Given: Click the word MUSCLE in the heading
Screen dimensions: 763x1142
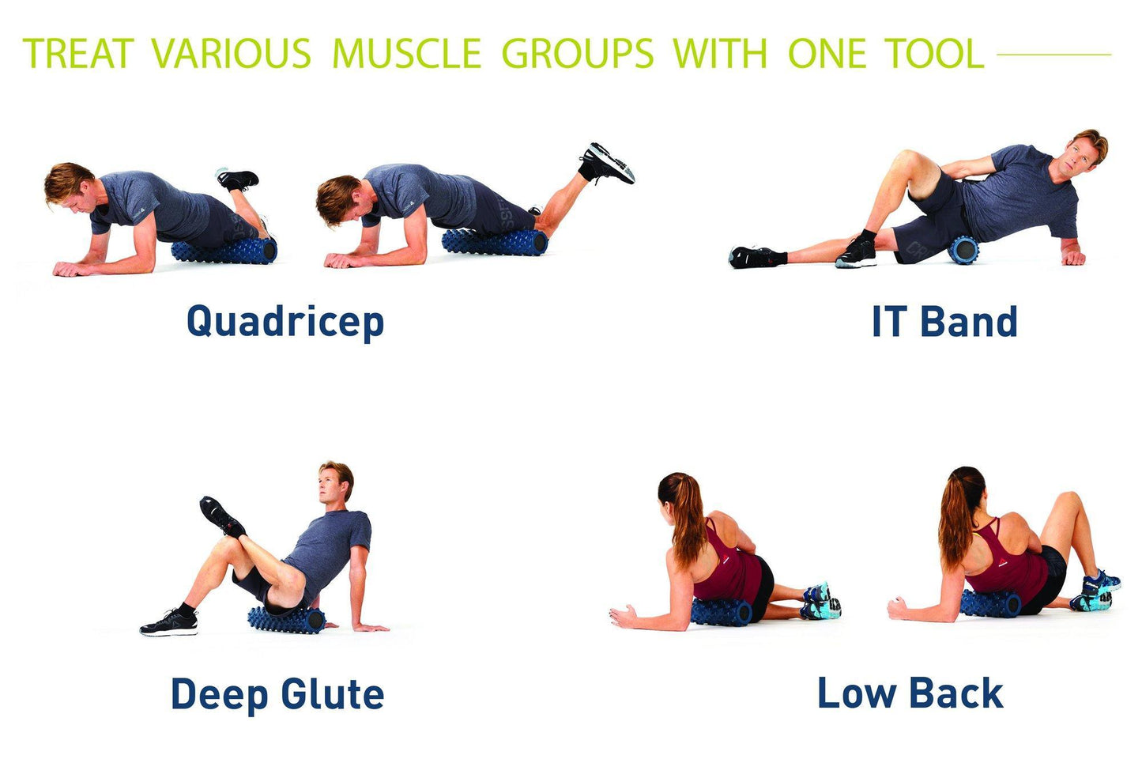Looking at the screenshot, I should [406, 54].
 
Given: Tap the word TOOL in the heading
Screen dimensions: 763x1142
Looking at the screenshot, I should [934, 54].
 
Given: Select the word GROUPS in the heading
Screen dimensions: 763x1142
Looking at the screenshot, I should [578, 54].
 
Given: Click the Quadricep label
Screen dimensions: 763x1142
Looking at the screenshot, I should [285, 322].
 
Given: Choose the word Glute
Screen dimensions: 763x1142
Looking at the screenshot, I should [333, 694].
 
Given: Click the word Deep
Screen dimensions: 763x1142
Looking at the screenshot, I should [218, 694].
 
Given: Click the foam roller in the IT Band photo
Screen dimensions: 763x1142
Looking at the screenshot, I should [963, 250].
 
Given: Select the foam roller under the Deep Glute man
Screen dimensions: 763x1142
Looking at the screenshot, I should [286, 619].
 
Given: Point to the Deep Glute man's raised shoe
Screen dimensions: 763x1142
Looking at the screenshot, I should [221, 516].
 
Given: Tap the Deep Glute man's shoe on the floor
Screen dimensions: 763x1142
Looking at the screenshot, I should [169, 622].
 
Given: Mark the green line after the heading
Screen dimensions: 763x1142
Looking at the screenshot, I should [1054, 55].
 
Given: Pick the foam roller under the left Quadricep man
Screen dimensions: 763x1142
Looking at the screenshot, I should [224, 251].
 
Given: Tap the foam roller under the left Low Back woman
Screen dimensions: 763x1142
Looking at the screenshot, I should [721, 612].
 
